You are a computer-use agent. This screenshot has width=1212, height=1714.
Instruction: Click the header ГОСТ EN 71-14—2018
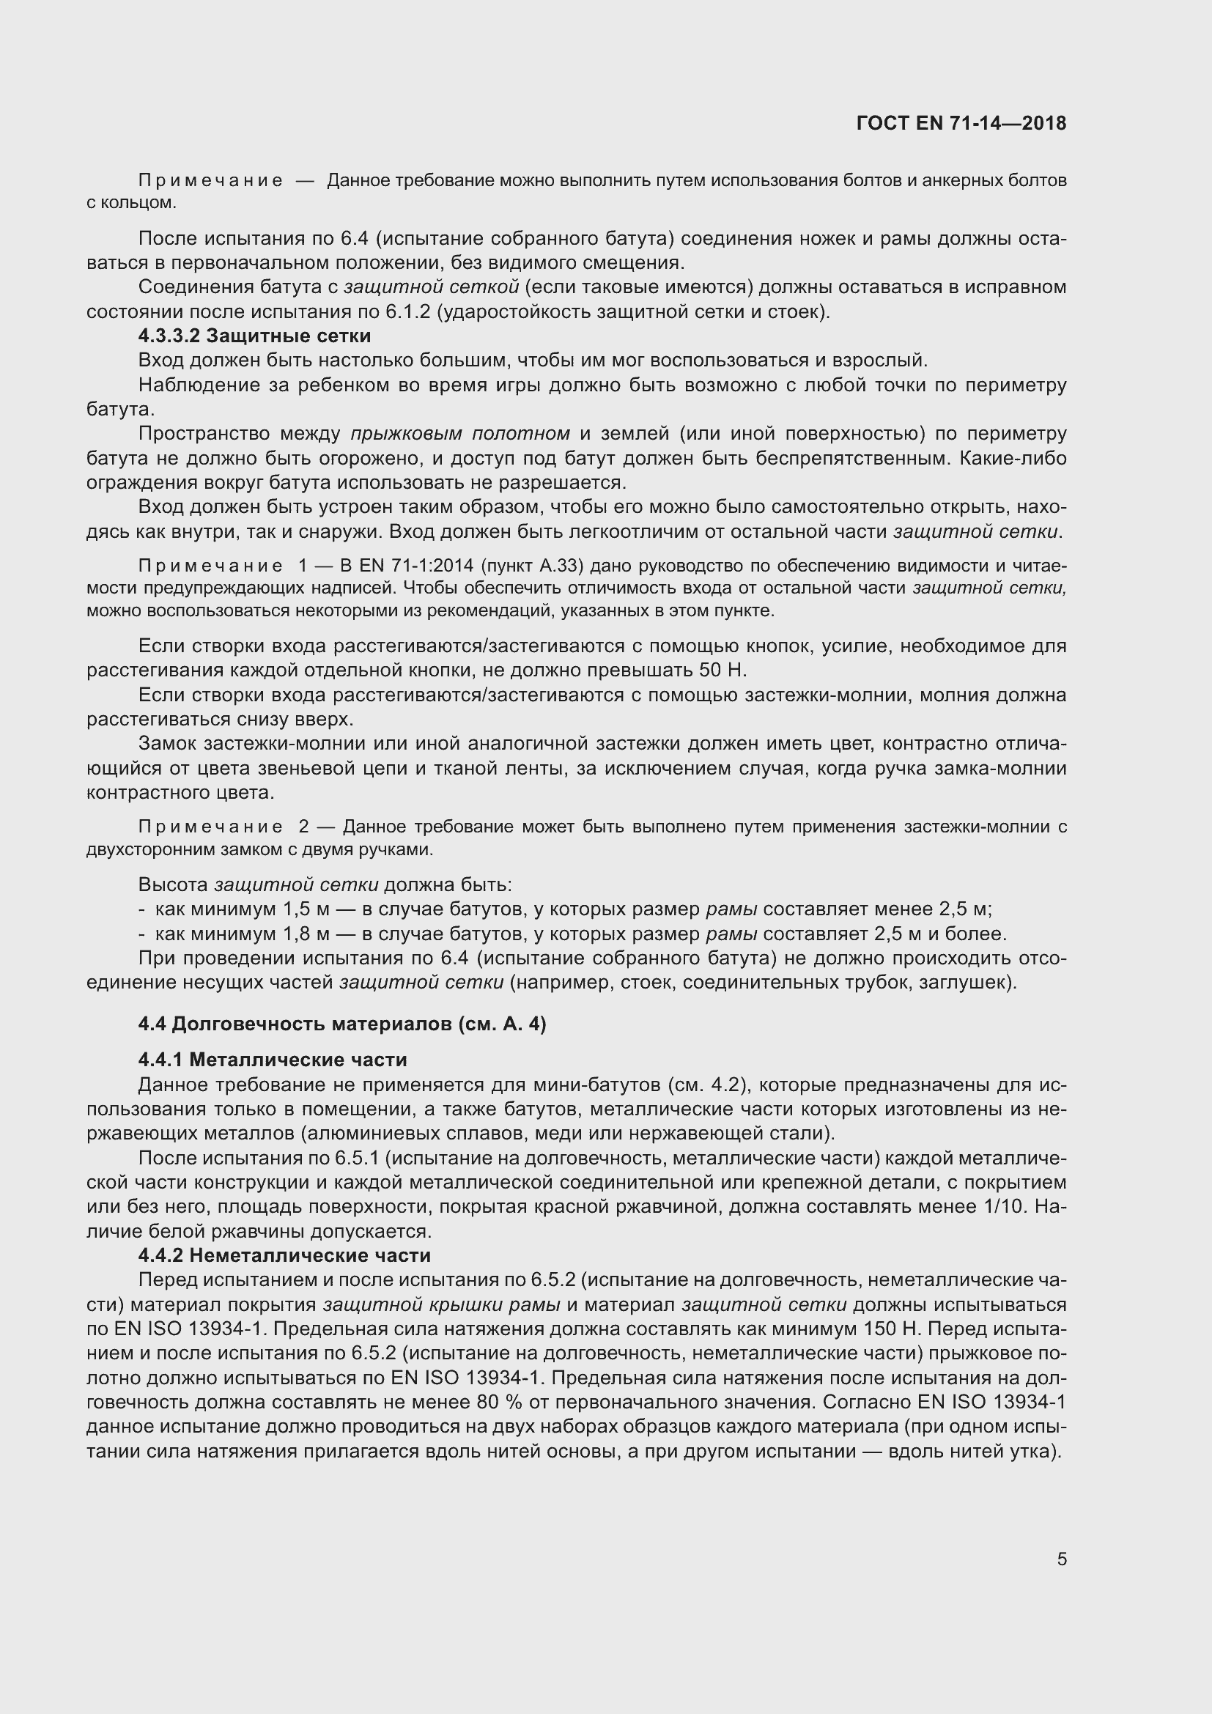(x=961, y=123)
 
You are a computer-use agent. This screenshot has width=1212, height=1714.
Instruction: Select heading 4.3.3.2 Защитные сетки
(x=254, y=336)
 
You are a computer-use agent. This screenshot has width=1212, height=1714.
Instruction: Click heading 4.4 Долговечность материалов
(x=341, y=1024)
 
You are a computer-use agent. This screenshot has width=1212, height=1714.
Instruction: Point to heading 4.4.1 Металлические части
(x=273, y=1060)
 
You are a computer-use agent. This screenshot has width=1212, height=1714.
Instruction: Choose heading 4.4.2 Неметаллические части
(x=284, y=1255)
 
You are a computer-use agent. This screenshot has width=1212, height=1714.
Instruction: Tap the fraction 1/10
(x=1005, y=1206)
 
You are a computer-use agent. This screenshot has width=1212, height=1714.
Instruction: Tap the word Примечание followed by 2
(x=211, y=827)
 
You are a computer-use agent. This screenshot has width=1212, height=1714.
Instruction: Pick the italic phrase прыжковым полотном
(x=459, y=434)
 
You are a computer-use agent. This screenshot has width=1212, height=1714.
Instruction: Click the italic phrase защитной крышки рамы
(x=442, y=1304)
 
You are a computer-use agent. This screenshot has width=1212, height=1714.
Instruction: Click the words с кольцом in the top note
(x=131, y=202)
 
